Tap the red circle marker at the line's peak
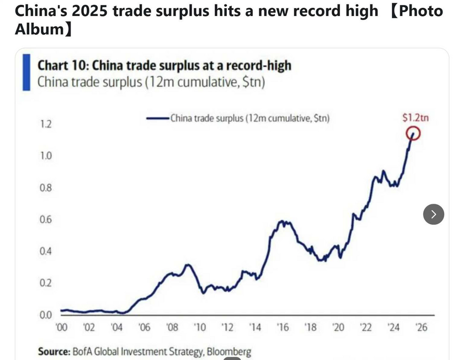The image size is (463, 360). [x=413, y=133]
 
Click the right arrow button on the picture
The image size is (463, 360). [x=433, y=214]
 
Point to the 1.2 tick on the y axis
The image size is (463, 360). [x=45, y=124]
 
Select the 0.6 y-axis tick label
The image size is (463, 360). [x=45, y=220]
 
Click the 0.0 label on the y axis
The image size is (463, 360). [x=45, y=315]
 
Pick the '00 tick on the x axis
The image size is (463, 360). [x=61, y=327]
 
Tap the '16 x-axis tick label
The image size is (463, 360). [x=283, y=327]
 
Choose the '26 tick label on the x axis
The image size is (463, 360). [x=422, y=327]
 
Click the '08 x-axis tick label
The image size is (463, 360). [x=172, y=327]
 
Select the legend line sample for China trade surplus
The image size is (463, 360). [x=157, y=118]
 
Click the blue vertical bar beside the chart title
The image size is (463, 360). [x=25, y=72]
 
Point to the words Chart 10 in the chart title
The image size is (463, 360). [x=61, y=66]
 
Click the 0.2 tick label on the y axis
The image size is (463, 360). [x=45, y=283]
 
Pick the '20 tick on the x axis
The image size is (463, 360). [x=339, y=327]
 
